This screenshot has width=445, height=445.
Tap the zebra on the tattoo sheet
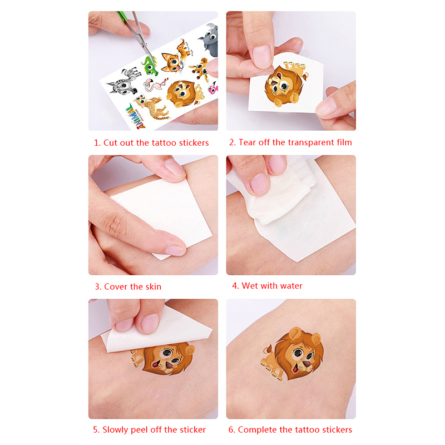coord(123,81)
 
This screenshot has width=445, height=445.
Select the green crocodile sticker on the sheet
coord(150,65)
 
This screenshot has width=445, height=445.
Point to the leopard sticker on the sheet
coord(150,107)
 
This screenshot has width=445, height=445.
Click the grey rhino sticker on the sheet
coord(210,39)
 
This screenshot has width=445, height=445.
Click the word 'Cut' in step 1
coord(110,142)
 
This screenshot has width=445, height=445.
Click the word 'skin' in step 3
coord(154,286)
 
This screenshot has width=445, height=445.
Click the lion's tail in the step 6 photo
coord(268,350)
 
